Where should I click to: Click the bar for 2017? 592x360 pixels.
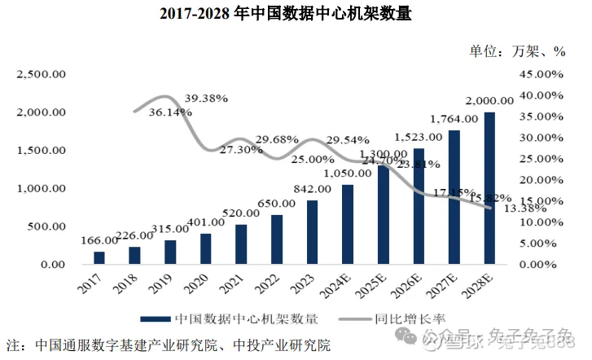[99, 257]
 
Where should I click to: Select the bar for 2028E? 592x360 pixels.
[489, 188]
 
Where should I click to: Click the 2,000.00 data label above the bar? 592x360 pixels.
[489, 101]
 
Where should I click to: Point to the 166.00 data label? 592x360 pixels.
[99, 241]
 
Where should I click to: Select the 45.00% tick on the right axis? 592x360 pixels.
[541, 74]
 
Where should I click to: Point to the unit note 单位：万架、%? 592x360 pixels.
[516, 50]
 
